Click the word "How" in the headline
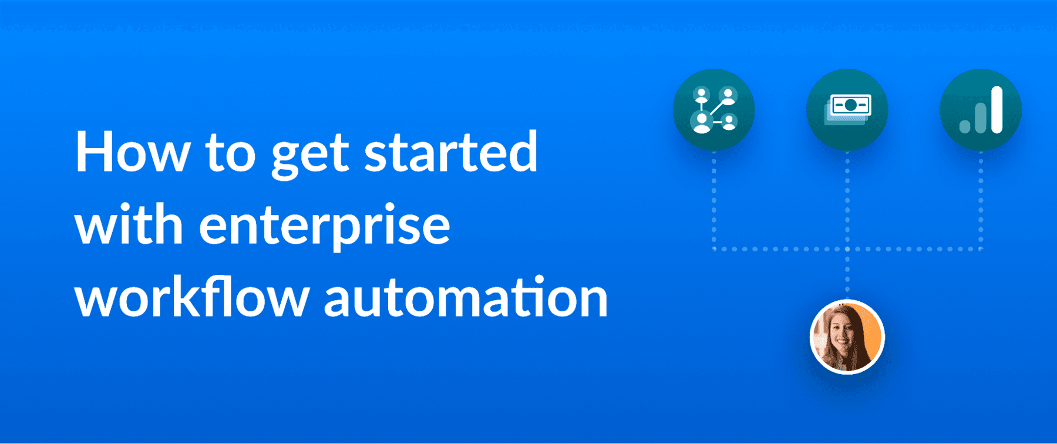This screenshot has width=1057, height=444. (x=133, y=153)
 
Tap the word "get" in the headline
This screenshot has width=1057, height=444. (x=310, y=154)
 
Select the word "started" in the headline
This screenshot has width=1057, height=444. (x=451, y=153)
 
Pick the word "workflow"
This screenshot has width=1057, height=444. (x=192, y=297)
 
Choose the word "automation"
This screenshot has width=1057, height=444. (x=466, y=298)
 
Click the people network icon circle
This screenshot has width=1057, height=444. (x=713, y=110)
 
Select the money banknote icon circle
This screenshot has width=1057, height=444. (x=847, y=110)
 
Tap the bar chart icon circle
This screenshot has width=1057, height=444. (x=981, y=110)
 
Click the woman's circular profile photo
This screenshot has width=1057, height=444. (x=847, y=337)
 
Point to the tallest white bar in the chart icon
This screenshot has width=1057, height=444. (x=997, y=110)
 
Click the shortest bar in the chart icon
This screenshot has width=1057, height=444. (x=964, y=126)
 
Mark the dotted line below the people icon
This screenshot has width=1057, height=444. (x=713, y=200)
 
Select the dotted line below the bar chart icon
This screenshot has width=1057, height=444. (x=981, y=200)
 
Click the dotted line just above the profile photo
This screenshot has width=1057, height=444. (x=847, y=276)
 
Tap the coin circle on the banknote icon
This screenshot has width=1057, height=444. (x=850, y=106)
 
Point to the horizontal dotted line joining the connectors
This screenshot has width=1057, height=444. (x=781, y=249)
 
